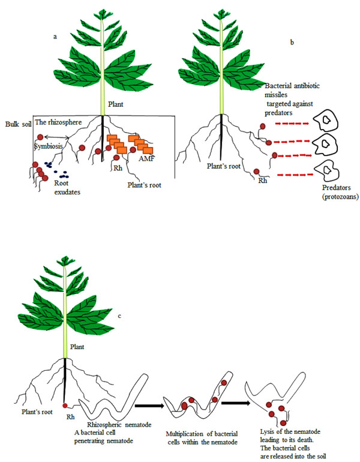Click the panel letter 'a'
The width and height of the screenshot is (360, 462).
(55, 37)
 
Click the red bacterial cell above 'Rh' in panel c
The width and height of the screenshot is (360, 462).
(65, 406)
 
